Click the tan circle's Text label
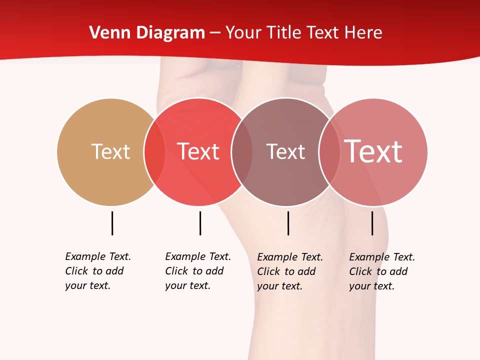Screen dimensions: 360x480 tap(110, 151)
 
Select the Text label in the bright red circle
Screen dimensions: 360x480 tap(198, 151)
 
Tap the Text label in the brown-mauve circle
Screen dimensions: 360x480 tap(285, 151)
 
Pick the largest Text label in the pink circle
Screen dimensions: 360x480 tap(373, 151)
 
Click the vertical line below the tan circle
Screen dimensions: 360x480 tap(112, 223)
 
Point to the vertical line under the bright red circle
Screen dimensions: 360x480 tap(200, 223)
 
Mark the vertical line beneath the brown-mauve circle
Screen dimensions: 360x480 tap(288, 223)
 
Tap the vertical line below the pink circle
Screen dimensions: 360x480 tap(372, 223)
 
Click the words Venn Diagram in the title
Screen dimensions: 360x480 tap(147, 33)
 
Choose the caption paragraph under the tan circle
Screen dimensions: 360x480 tap(98, 271)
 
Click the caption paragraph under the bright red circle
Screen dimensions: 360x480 tap(198, 271)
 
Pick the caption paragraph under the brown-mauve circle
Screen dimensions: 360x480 tap(290, 271)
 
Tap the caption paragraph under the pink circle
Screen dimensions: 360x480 tap(382, 271)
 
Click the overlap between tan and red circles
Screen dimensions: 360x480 tap(154, 151)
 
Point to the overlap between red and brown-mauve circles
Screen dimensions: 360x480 tap(242, 151)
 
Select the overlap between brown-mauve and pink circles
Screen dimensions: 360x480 tap(329, 151)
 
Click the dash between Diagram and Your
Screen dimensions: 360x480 tap(215, 33)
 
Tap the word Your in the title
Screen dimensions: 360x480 tap(243, 33)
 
